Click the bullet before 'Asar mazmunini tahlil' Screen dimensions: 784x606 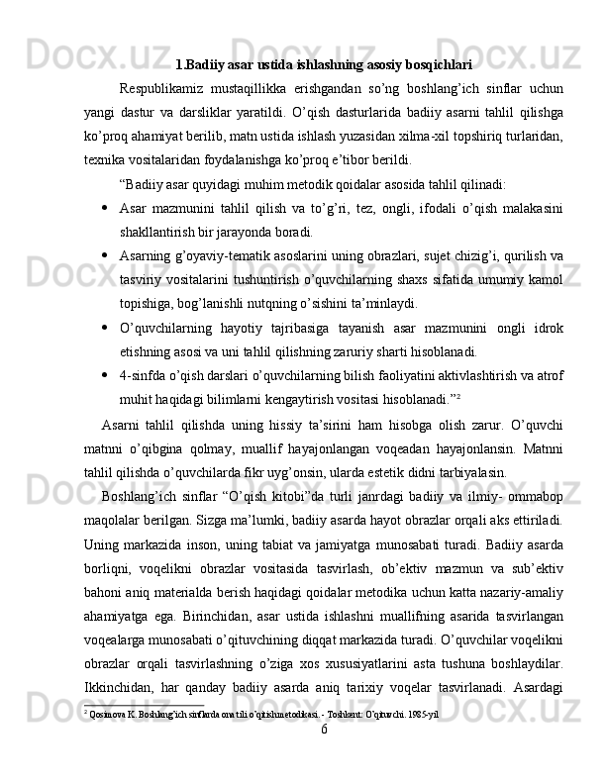tap(104, 208)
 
